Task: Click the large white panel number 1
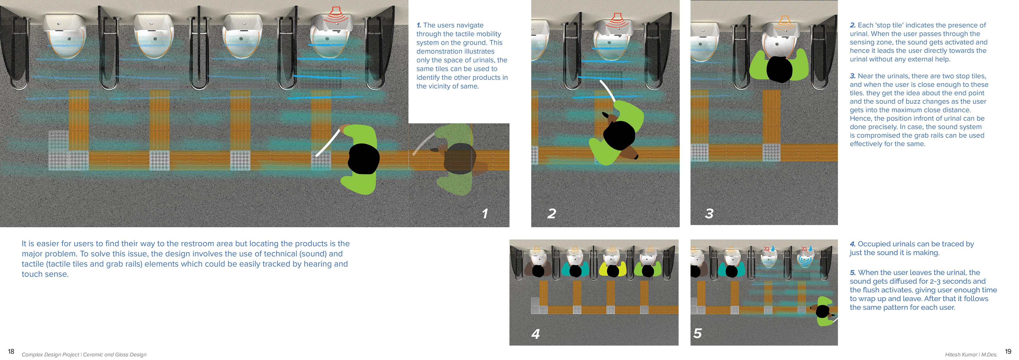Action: point(485,214)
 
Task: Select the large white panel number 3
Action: point(709,214)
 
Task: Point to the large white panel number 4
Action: point(536,334)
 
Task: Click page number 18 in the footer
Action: point(11,351)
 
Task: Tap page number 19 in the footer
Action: point(1008,351)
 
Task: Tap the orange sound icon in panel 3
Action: point(785,22)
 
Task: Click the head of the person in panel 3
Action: point(779,69)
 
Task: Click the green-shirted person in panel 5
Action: point(824,312)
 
